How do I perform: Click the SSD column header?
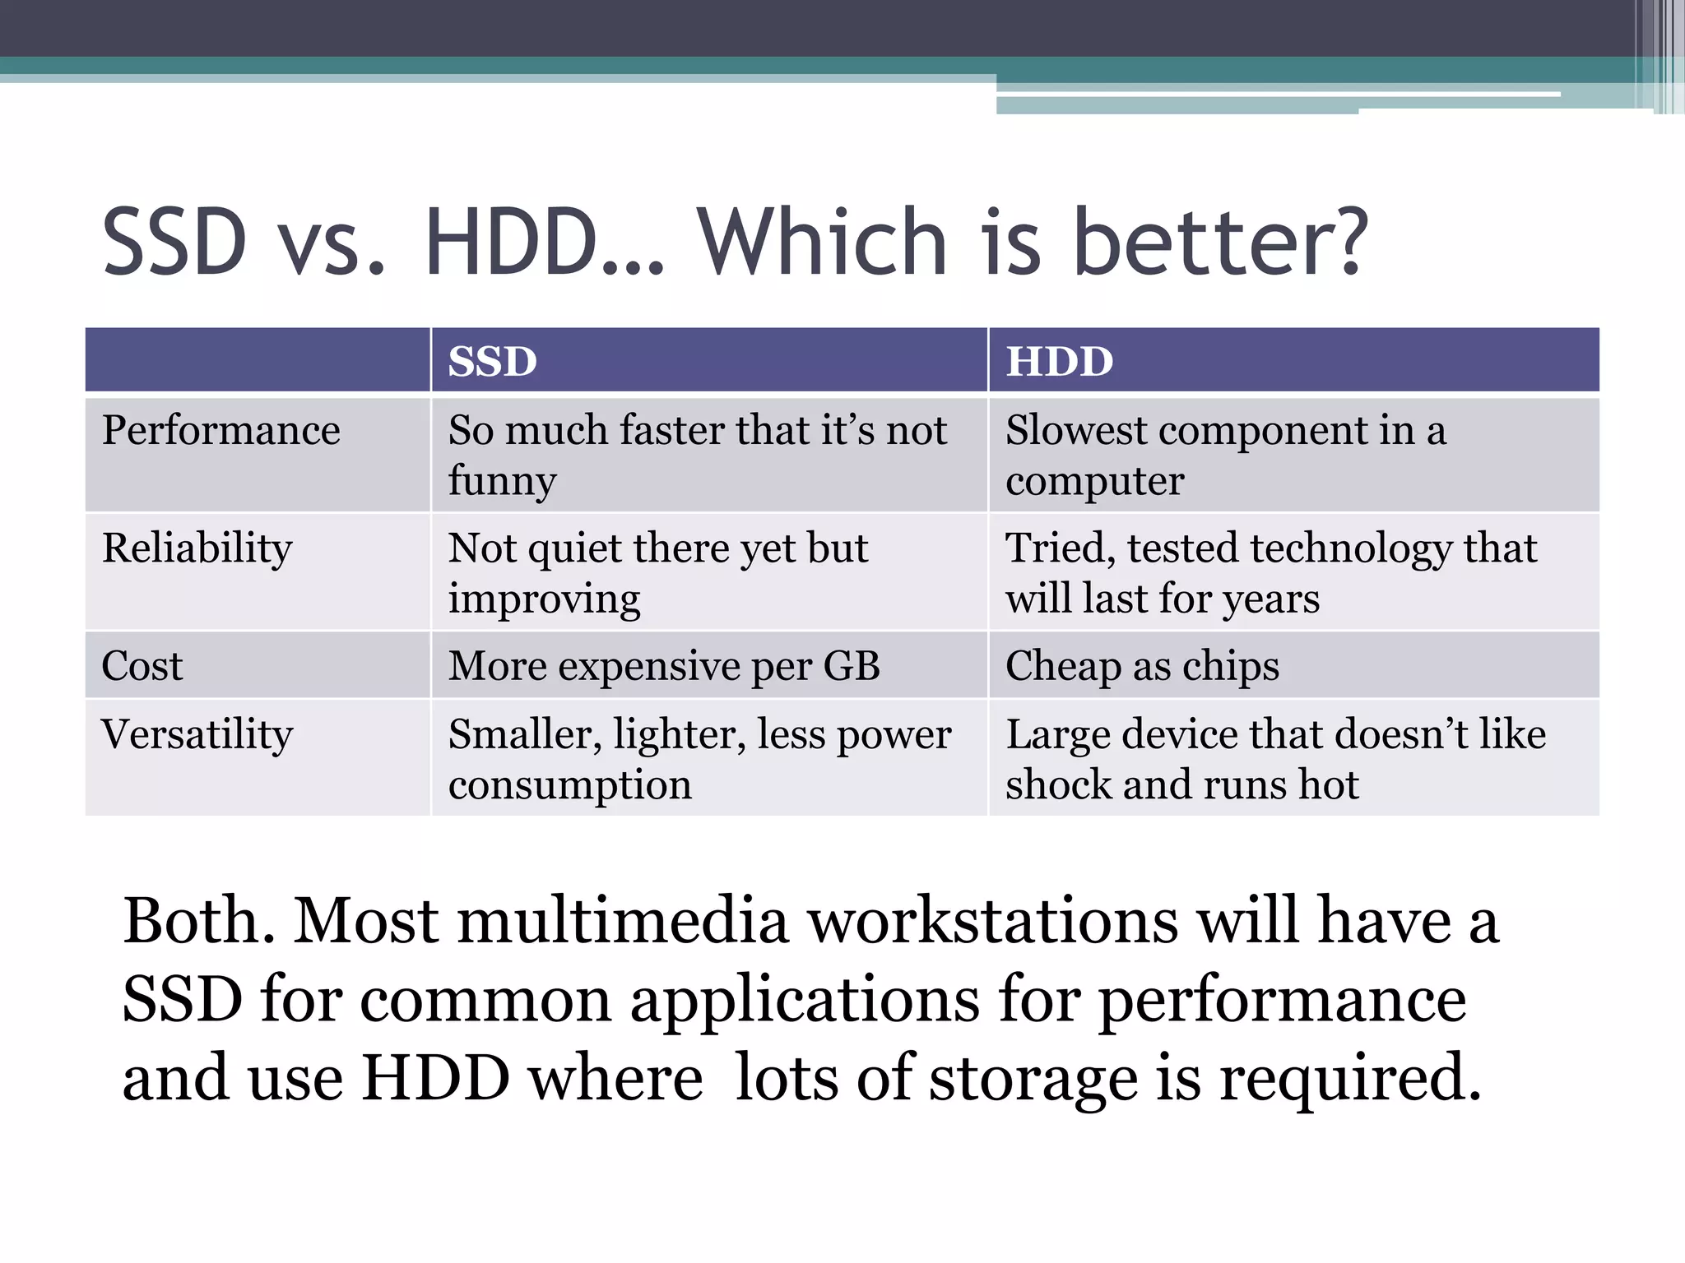(492, 362)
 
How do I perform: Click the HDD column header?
(1060, 362)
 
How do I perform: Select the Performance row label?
(220, 430)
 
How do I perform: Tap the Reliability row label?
(197, 548)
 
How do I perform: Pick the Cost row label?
(142, 666)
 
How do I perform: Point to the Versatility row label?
(197, 734)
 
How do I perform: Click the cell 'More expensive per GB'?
(664, 666)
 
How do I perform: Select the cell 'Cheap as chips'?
(1142, 666)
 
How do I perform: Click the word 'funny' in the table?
(502, 482)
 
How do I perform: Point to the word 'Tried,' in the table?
(1060, 548)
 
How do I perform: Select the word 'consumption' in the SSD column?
(569, 785)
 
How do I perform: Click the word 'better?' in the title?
(1221, 243)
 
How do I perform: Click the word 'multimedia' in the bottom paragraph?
(541, 921)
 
